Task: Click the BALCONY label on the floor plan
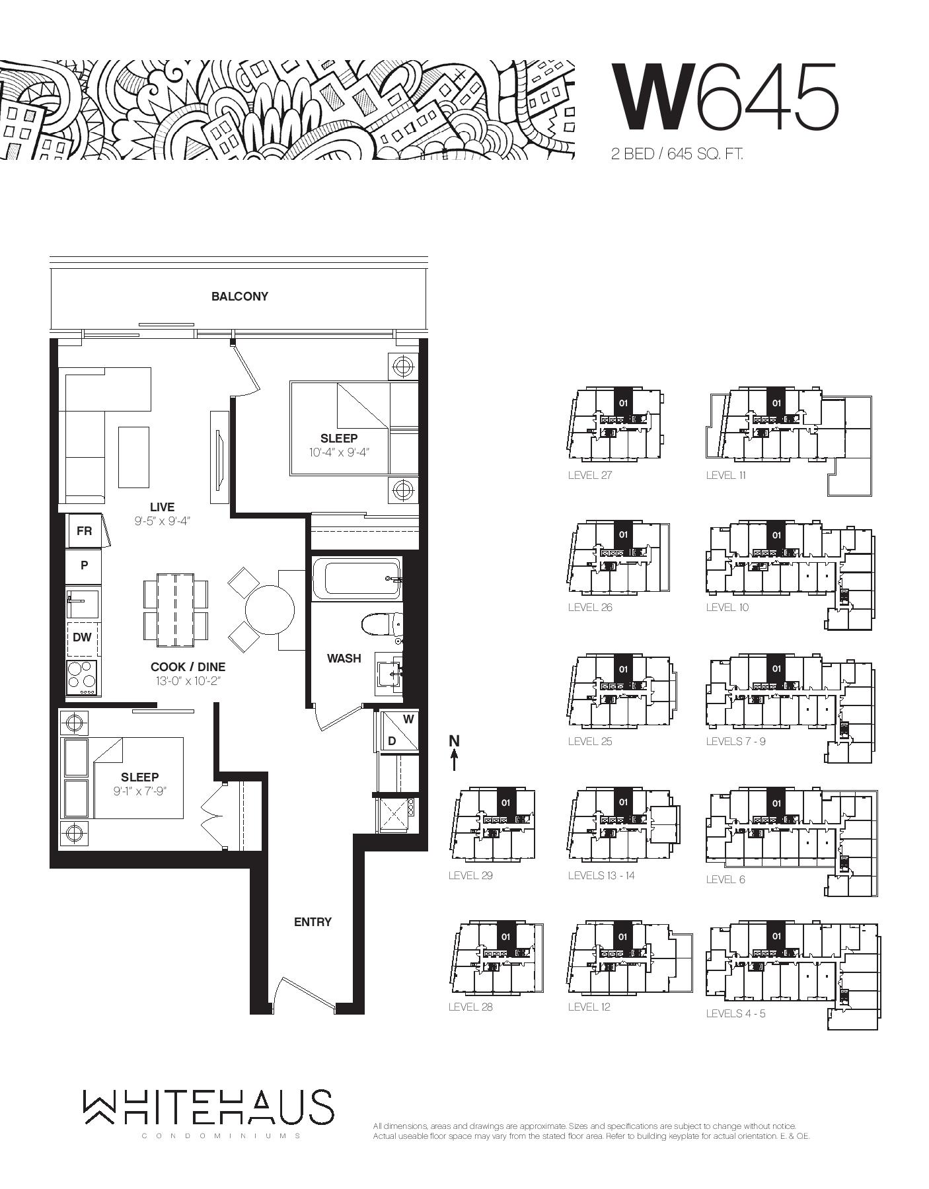pos(240,297)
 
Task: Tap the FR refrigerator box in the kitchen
pos(84,531)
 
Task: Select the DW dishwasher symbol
pos(82,637)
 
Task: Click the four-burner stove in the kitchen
pos(82,677)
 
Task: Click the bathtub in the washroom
pos(357,579)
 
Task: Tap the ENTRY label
pos(313,921)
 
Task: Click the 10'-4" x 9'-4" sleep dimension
pos(339,452)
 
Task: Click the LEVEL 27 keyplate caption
pos(590,475)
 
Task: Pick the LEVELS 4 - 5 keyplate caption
pos(735,1013)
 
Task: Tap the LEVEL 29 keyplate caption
pos(470,875)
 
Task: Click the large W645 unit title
pos(725,97)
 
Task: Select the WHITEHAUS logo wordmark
pos(208,1106)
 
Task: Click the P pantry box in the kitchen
pos(84,565)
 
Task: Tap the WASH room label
pos(344,659)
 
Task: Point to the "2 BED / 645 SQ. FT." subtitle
pos(677,155)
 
